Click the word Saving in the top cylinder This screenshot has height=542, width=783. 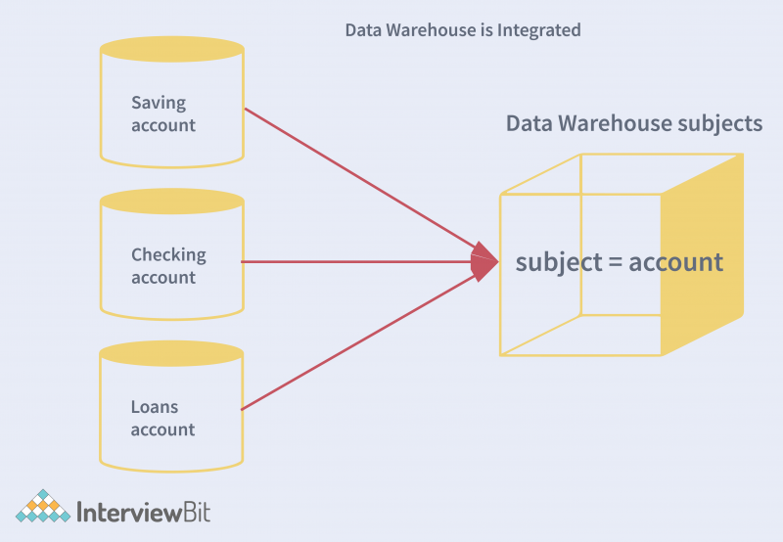coord(159,103)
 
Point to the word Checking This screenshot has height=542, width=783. coord(168,255)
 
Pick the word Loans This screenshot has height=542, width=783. coord(155,407)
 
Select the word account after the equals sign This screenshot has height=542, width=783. coord(675,262)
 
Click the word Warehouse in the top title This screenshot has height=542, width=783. coord(433,30)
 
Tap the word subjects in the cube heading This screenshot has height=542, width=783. coord(719,124)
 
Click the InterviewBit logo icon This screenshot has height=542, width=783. coord(42,507)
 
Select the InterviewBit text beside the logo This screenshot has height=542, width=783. coord(143,512)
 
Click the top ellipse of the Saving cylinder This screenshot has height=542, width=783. coord(172,49)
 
